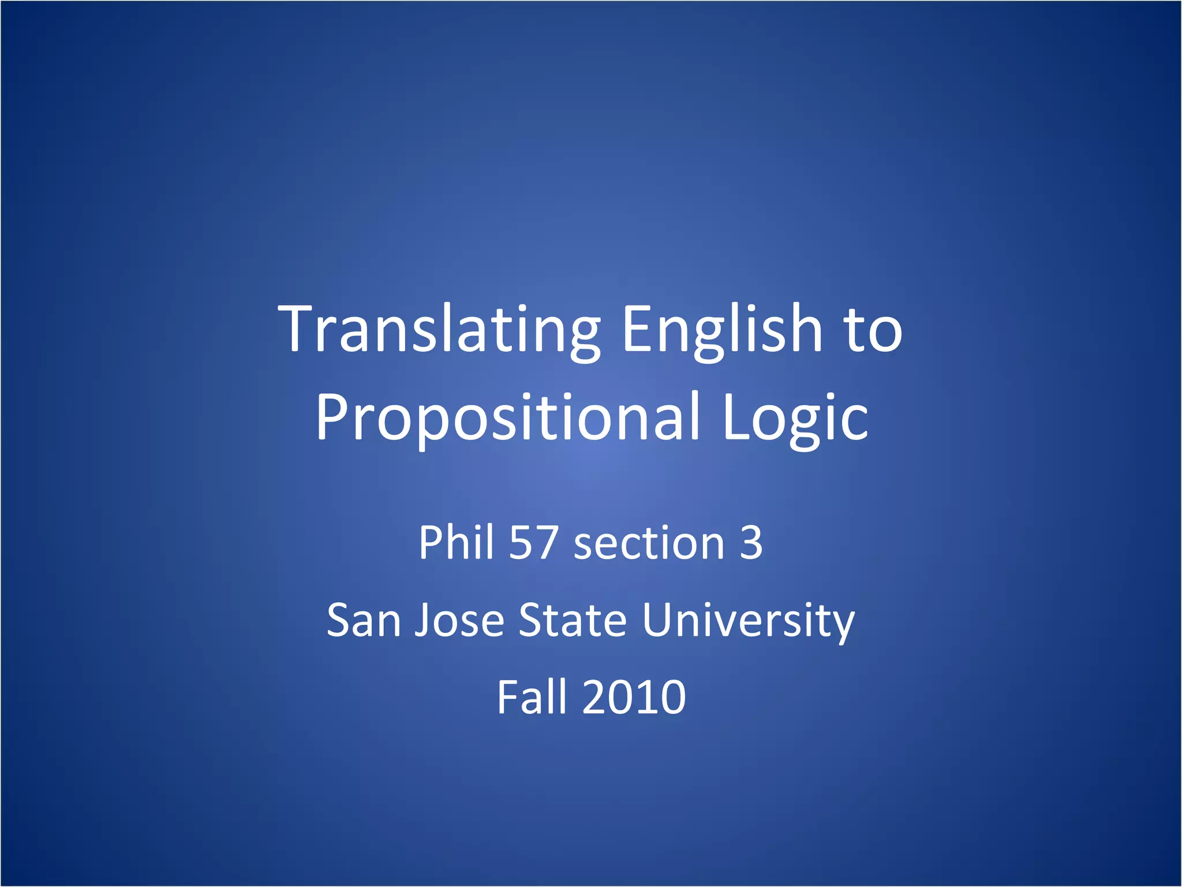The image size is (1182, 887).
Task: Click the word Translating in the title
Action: coord(439,330)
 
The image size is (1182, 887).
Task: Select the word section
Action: coord(649,544)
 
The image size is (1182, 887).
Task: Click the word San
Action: coord(364,620)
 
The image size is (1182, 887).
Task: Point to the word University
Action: coord(748,621)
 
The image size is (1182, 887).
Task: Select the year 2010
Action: coord(634,697)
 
